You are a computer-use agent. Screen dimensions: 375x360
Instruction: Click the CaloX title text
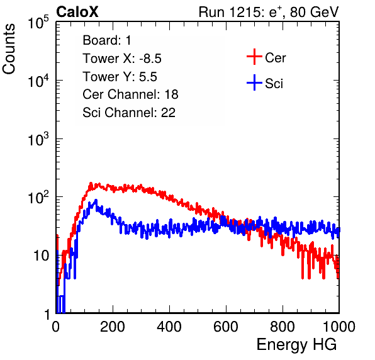[77, 12]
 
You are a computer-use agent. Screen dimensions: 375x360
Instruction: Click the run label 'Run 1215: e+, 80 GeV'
[269, 12]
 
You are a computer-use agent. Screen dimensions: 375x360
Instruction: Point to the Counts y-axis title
[9, 49]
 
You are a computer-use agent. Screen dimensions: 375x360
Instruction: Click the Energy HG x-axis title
[296, 345]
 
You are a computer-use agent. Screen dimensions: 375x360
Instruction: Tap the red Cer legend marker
[254, 57]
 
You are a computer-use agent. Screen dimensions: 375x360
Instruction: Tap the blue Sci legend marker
[254, 82]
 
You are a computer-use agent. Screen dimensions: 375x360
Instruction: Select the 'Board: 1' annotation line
[107, 40]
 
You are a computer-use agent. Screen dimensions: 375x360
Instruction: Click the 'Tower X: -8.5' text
[122, 59]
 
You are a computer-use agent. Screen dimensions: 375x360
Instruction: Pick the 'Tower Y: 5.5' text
[120, 77]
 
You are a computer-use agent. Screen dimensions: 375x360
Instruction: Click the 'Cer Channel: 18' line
[130, 94]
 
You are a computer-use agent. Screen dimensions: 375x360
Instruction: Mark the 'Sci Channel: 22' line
[129, 113]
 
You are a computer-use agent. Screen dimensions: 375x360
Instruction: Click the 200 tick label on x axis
[113, 327]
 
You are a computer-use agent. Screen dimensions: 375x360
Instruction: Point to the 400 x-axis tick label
[169, 327]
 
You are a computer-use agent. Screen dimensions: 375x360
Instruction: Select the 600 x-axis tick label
[226, 327]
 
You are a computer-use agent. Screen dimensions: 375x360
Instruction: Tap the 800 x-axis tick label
[283, 327]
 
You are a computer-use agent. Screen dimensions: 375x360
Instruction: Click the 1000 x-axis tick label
[339, 327]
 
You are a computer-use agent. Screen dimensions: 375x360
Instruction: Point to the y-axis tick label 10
[41, 256]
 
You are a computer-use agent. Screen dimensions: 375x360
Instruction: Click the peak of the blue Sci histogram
[96, 200]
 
